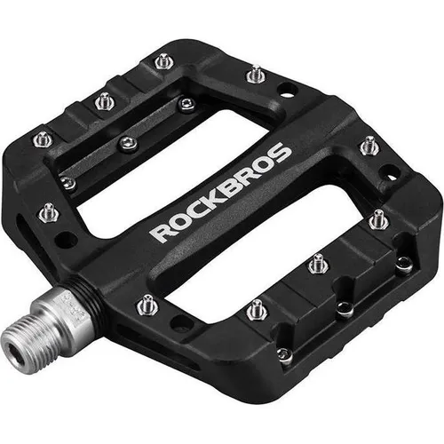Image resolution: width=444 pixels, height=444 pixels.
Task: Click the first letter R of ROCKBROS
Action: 158,233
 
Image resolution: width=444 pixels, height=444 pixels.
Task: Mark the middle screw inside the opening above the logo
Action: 130,143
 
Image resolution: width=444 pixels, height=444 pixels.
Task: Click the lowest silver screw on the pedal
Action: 284,354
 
